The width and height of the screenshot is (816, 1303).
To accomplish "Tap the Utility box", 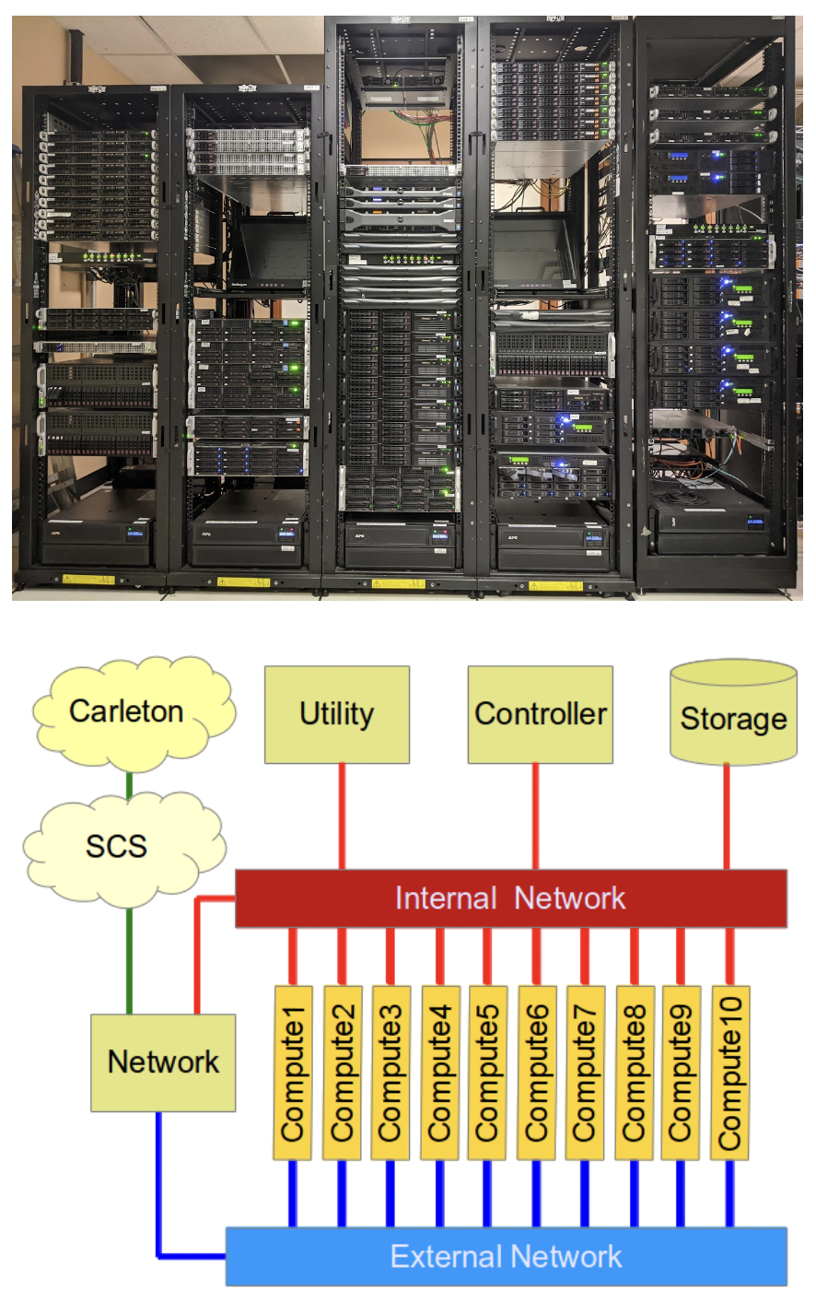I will coord(336,715).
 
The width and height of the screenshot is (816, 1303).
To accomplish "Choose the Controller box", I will coord(540,715).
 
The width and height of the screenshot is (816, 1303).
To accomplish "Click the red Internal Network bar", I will coord(510,898).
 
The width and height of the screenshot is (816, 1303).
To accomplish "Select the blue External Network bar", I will coord(506,1256).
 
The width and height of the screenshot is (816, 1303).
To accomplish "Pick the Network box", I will coord(163,1062).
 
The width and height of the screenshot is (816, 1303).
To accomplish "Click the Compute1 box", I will coord(293,1073).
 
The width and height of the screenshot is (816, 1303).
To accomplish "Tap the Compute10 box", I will coord(729,1073).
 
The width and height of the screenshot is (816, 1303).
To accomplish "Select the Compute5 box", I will coord(486,1073).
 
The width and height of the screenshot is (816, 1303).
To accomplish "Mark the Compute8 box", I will coord(634,1073).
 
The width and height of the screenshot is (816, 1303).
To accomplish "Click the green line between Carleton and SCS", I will coord(130,785).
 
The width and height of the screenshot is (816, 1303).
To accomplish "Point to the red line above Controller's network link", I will coord(535,816).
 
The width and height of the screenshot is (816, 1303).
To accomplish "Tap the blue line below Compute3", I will coord(390,1193).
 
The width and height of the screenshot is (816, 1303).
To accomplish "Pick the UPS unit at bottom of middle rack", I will coord(400,545).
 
